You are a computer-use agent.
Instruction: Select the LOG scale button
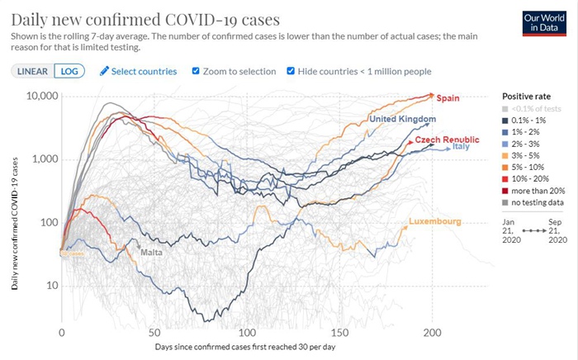(x=69, y=71)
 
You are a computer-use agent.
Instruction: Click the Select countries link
(x=138, y=71)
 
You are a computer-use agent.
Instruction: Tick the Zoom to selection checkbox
(x=196, y=71)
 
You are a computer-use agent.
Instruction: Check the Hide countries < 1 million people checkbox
(x=291, y=71)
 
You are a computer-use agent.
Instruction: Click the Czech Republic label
(x=446, y=140)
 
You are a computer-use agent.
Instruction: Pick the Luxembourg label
(x=434, y=221)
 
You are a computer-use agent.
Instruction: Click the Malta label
(x=150, y=251)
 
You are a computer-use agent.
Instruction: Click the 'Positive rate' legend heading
(x=527, y=96)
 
